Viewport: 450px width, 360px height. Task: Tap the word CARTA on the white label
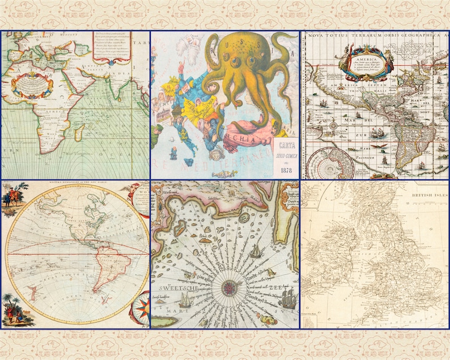(286, 144)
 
